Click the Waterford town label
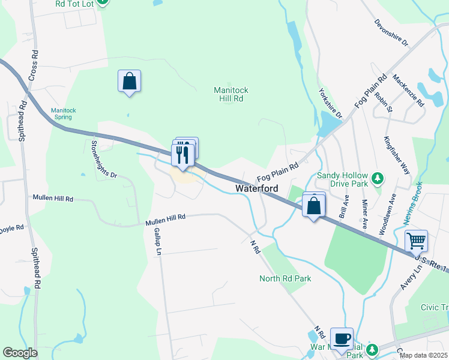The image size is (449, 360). click(x=256, y=188)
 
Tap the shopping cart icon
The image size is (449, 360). click(x=415, y=241)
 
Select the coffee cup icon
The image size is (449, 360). click(x=342, y=338)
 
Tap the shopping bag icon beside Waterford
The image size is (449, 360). click(x=313, y=206)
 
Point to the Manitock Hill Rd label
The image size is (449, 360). click(x=231, y=94)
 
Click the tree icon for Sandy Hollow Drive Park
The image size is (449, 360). click(x=378, y=178)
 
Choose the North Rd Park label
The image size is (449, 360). click(x=285, y=278)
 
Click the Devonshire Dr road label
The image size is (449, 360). click(x=391, y=34)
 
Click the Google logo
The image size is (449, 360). click(x=20, y=353)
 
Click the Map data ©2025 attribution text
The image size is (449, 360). click(x=423, y=355)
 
